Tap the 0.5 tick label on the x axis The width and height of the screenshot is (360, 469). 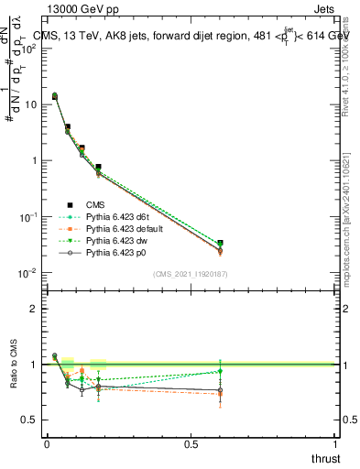coord(191,444)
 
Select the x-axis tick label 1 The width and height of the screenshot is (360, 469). coord(334,444)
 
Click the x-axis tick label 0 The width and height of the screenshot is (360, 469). coord(47,444)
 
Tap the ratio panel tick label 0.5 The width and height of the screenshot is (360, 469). coord(29,420)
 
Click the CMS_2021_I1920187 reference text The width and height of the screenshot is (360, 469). coord(191,274)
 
